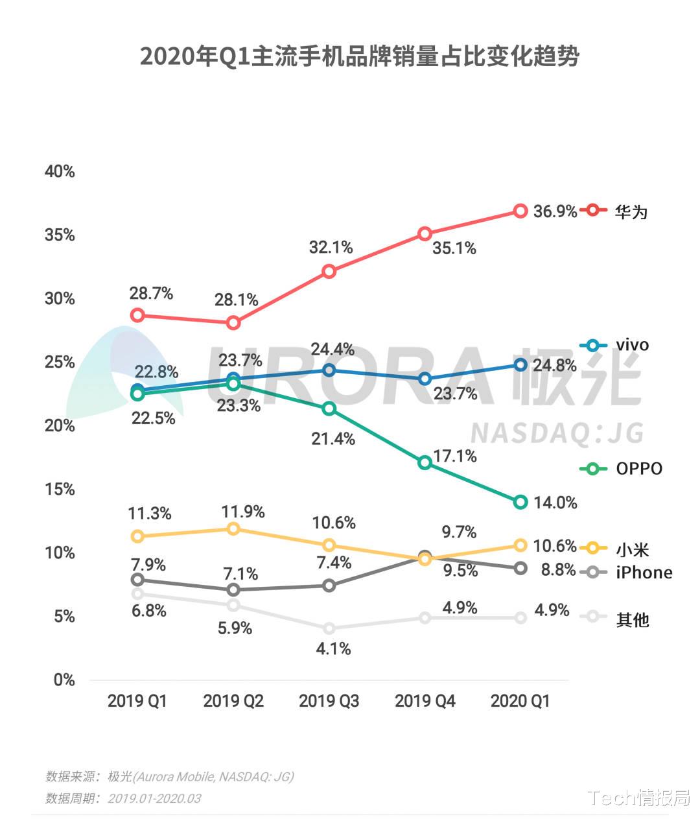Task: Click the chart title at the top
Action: pos(359,56)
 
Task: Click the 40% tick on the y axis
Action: pos(60,172)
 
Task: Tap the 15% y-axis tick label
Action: pos(60,490)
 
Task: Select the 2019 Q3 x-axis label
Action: pos(329,701)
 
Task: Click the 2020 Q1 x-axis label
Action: pos(520,701)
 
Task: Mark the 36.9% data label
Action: pos(555,211)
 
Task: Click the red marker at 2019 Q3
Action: pos(329,271)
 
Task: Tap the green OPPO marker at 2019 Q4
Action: pos(425,462)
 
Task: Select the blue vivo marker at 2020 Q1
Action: pos(520,365)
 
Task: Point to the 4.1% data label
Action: pos(334,648)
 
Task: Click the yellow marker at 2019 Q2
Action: pos(233,528)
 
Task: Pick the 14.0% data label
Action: pos(555,503)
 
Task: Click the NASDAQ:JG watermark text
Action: pos(556,433)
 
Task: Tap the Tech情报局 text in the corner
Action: pos(639,798)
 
